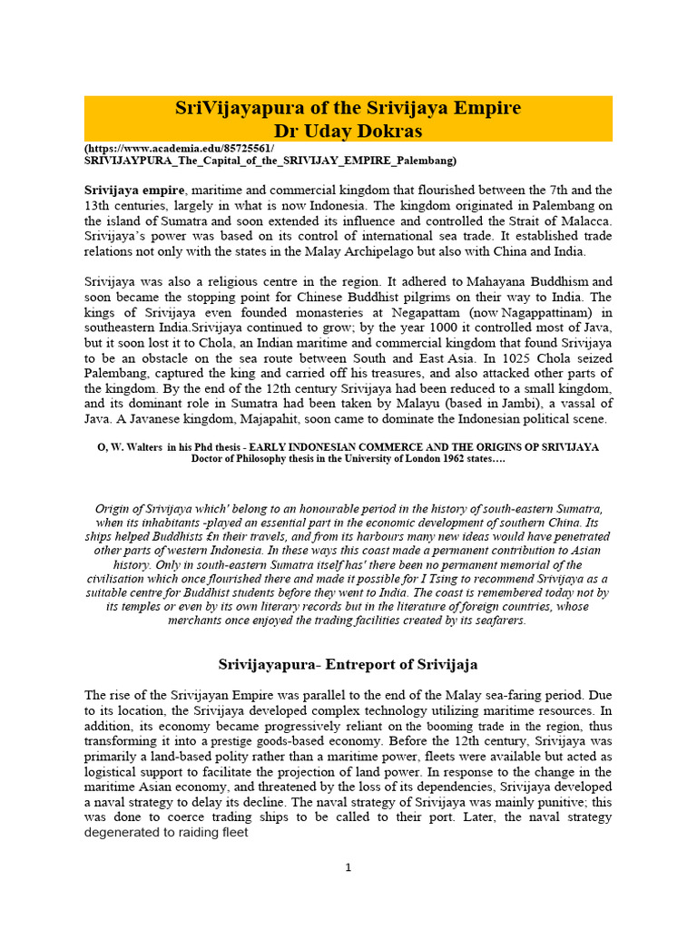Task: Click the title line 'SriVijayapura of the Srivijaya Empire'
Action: pos(348,108)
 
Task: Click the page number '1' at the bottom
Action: pos(348,867)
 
